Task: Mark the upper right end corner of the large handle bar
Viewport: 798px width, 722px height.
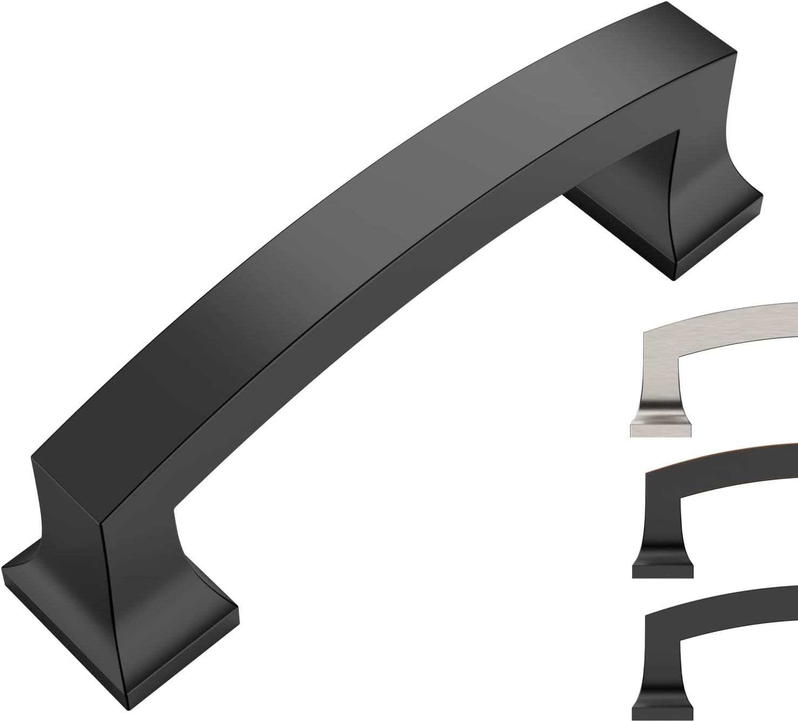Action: tap(734, 53)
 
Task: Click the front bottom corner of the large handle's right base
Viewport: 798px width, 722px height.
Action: tap(676, 280)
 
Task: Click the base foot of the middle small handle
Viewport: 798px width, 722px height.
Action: tap(662, 571)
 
